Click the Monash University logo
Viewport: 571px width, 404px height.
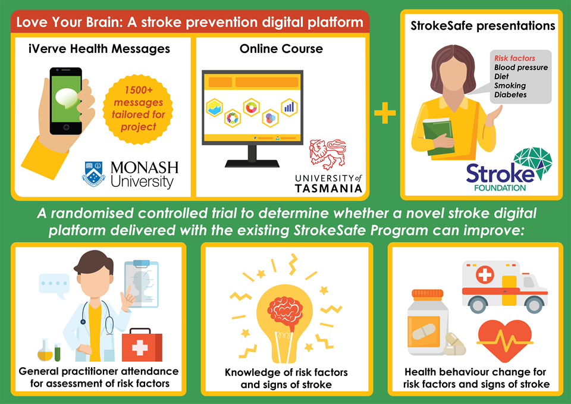pyautogui.click(x=129, y=173)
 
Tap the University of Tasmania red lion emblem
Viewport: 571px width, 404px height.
pyautogui.click(x=328, y=155)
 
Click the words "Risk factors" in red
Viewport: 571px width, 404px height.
pyautogui.click(x=514, y=58)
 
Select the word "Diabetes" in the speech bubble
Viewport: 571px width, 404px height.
pyautogui.click(x=510, y=95)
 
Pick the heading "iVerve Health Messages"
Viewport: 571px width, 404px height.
pyautogui.click(x=99, y=49)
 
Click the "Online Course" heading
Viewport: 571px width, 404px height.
pyautogui.click(x=281, y=49)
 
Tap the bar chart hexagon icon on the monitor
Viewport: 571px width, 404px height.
pyautogui.click(x=289, y=107)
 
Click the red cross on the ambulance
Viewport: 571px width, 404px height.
pyautogui.click(x=485, y=275)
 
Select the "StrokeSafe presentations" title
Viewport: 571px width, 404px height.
pyautogui.click(x=482, y=26)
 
